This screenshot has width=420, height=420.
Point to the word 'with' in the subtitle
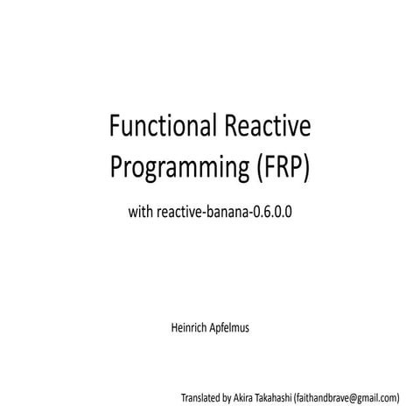[140, 211]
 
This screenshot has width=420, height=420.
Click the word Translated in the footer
[200, 397]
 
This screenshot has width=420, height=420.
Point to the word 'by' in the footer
[229, 397]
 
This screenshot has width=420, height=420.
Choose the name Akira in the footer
[248, 397]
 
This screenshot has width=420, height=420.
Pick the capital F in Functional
[114, 129]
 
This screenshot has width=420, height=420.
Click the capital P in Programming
[114, 166]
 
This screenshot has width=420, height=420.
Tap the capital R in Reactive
[229, 129]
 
